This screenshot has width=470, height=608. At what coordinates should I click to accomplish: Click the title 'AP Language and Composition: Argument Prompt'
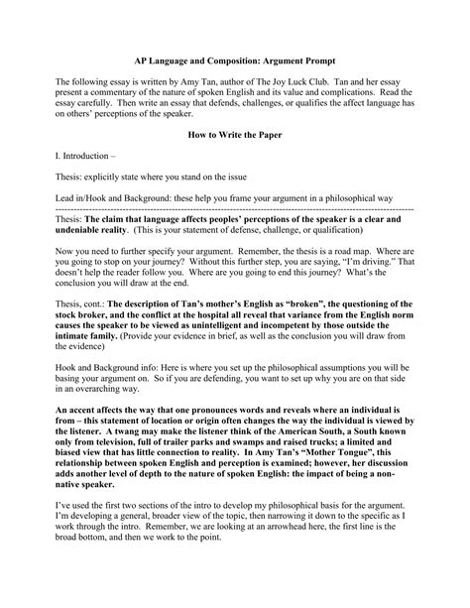235,59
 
